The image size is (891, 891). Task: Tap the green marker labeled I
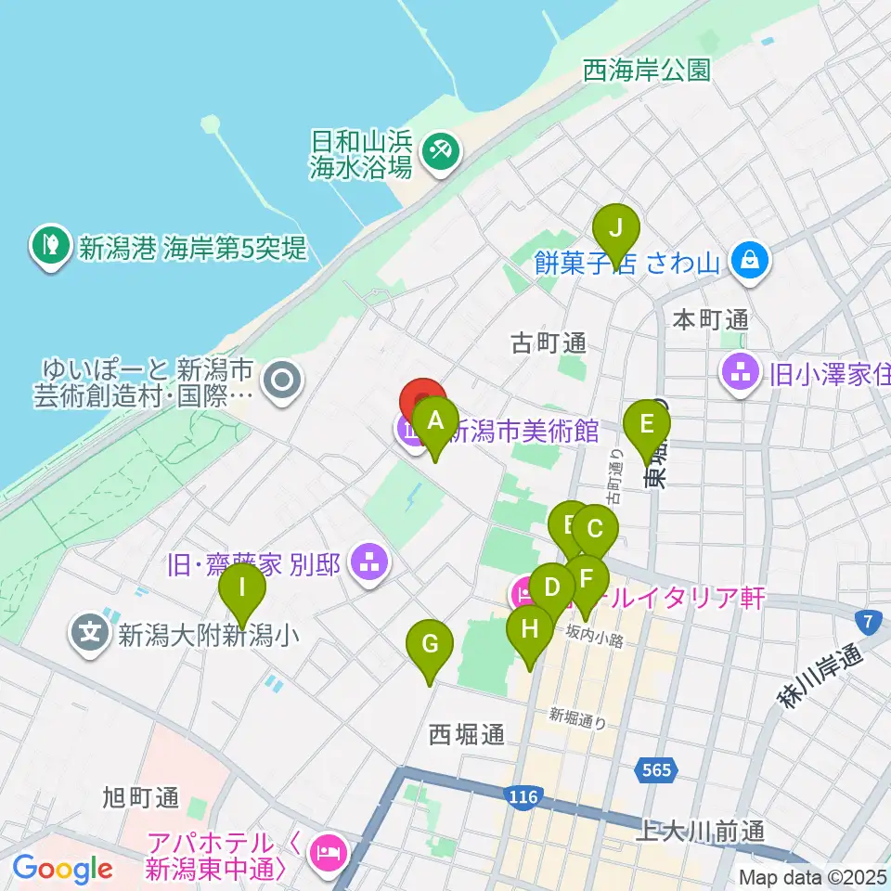242,588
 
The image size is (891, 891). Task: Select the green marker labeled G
429,644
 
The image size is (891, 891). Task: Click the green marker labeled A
434,420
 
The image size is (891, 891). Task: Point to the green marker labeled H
529,629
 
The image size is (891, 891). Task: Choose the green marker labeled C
595,530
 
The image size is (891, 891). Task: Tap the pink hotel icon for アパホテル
326,850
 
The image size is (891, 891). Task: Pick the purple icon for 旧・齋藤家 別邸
370,562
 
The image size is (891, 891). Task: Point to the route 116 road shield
523,797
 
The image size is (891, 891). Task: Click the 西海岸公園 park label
647,70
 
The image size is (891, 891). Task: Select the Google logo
62,870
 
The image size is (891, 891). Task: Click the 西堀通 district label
467,735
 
